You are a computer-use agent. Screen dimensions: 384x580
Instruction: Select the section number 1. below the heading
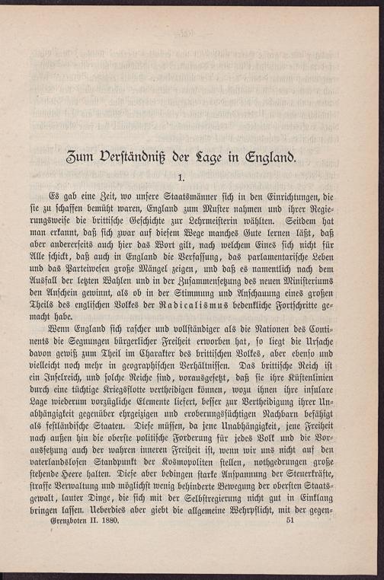pos(193,179)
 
